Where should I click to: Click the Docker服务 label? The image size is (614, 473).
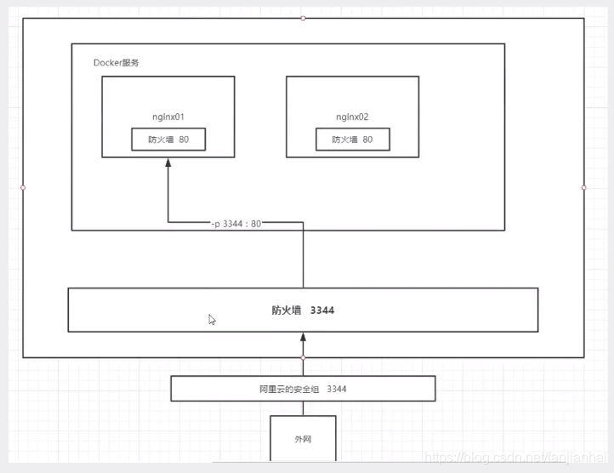point(117,63)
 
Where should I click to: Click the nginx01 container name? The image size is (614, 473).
point(168,116)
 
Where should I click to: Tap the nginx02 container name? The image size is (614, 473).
point(352,116)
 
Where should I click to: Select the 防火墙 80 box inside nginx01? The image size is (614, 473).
point(168,139)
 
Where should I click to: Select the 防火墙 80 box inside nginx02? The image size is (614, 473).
point(352,139)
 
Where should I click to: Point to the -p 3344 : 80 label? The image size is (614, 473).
point(236,223)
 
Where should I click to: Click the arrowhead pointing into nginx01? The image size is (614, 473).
point(168,164)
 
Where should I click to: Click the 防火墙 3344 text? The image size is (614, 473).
point(303,311)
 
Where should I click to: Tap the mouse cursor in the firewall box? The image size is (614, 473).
point(212,320)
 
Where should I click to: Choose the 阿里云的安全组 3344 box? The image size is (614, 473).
point(303,389)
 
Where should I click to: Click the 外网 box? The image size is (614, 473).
point(303,439)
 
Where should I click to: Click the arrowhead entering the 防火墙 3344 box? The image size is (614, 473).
point(303,338)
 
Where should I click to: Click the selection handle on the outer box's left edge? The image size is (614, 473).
point(23,187)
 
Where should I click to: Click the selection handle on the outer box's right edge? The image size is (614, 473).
point(584,187)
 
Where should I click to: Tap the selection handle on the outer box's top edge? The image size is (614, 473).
point(304,18)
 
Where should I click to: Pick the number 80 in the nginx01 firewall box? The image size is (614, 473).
point(185,139)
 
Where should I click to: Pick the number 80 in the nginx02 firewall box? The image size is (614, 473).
point(368,139)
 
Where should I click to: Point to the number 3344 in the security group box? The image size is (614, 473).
point(336,389)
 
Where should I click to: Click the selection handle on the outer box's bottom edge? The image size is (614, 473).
point(303,358)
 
